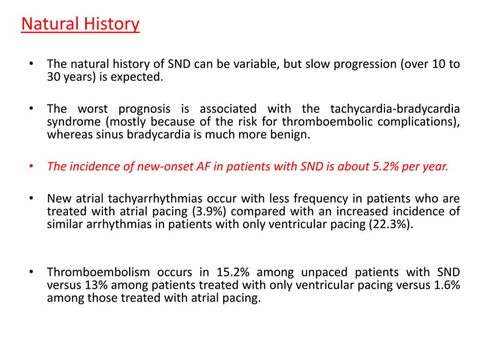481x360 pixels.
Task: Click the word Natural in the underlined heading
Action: point(49,24)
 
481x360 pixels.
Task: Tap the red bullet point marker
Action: point(30,168)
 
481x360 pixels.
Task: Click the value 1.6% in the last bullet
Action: point(444,285)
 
